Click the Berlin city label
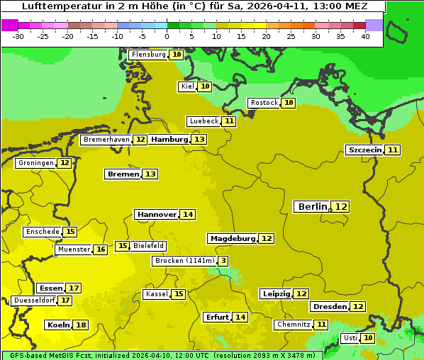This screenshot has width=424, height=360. (313, 206)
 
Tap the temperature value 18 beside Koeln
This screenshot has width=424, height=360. (81, 325)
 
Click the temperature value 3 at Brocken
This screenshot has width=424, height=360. (223, 261)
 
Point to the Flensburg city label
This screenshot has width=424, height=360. (148, 55)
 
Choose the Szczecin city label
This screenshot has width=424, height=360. (364, 150)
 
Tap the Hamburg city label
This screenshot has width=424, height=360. (169, 140)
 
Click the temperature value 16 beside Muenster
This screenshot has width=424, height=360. (101, 249)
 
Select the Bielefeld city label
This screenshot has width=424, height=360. (148, 246)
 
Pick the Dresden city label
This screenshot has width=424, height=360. (329, 307)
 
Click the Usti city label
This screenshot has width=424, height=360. (350, 338)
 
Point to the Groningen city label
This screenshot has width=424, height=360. (36, 163)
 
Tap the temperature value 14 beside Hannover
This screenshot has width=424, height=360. (187, 214)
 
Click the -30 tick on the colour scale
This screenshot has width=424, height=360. (18, 36)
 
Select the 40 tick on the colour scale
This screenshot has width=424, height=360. (365, 36)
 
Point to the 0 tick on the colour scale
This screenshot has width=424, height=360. (167, 36)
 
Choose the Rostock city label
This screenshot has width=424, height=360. (264, 103)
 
